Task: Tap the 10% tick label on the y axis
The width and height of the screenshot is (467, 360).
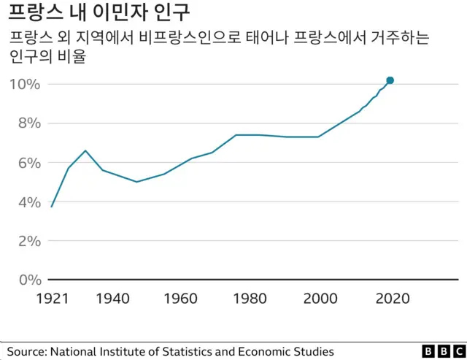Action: point(24,84)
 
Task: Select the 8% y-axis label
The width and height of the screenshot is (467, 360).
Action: point(28,123)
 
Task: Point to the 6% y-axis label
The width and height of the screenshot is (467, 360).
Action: point(28,163)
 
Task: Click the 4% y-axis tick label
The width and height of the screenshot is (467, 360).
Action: point(28,202)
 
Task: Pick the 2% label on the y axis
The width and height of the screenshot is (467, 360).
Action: point(28,241)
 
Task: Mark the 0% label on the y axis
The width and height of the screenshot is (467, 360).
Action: point(28,280)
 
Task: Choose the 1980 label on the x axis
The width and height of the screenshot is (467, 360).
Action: point(250,299)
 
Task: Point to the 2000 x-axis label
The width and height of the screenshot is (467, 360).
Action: point(319,299)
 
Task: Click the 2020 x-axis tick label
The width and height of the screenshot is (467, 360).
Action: point(393,299)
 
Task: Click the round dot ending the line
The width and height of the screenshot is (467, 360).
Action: point(390,80)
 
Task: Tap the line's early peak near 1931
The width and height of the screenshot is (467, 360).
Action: point(85,150)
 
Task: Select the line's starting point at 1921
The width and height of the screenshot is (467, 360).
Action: point(51,207)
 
